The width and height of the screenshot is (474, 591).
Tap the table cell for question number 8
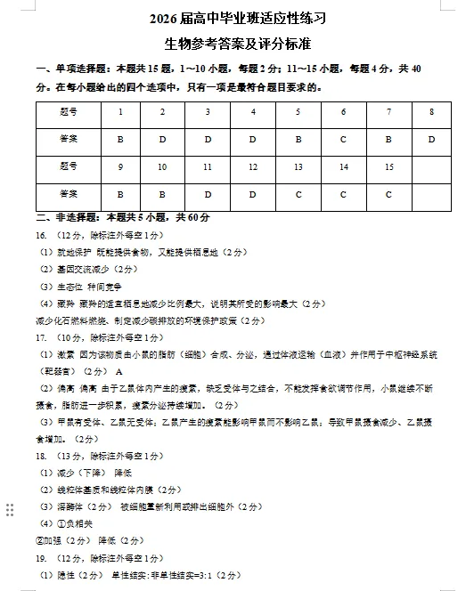431,112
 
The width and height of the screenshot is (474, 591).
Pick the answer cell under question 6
343,139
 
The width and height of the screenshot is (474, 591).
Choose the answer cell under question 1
120,139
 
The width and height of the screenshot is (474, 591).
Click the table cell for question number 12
253,166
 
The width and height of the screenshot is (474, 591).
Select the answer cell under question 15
388,194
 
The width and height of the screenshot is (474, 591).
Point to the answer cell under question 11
208,194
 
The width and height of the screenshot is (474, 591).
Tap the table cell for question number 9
120,166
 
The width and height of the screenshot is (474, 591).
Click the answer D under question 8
431,139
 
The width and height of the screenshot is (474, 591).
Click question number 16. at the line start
41,235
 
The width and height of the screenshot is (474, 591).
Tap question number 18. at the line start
41,455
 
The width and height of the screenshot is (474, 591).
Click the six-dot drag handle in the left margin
10,509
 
